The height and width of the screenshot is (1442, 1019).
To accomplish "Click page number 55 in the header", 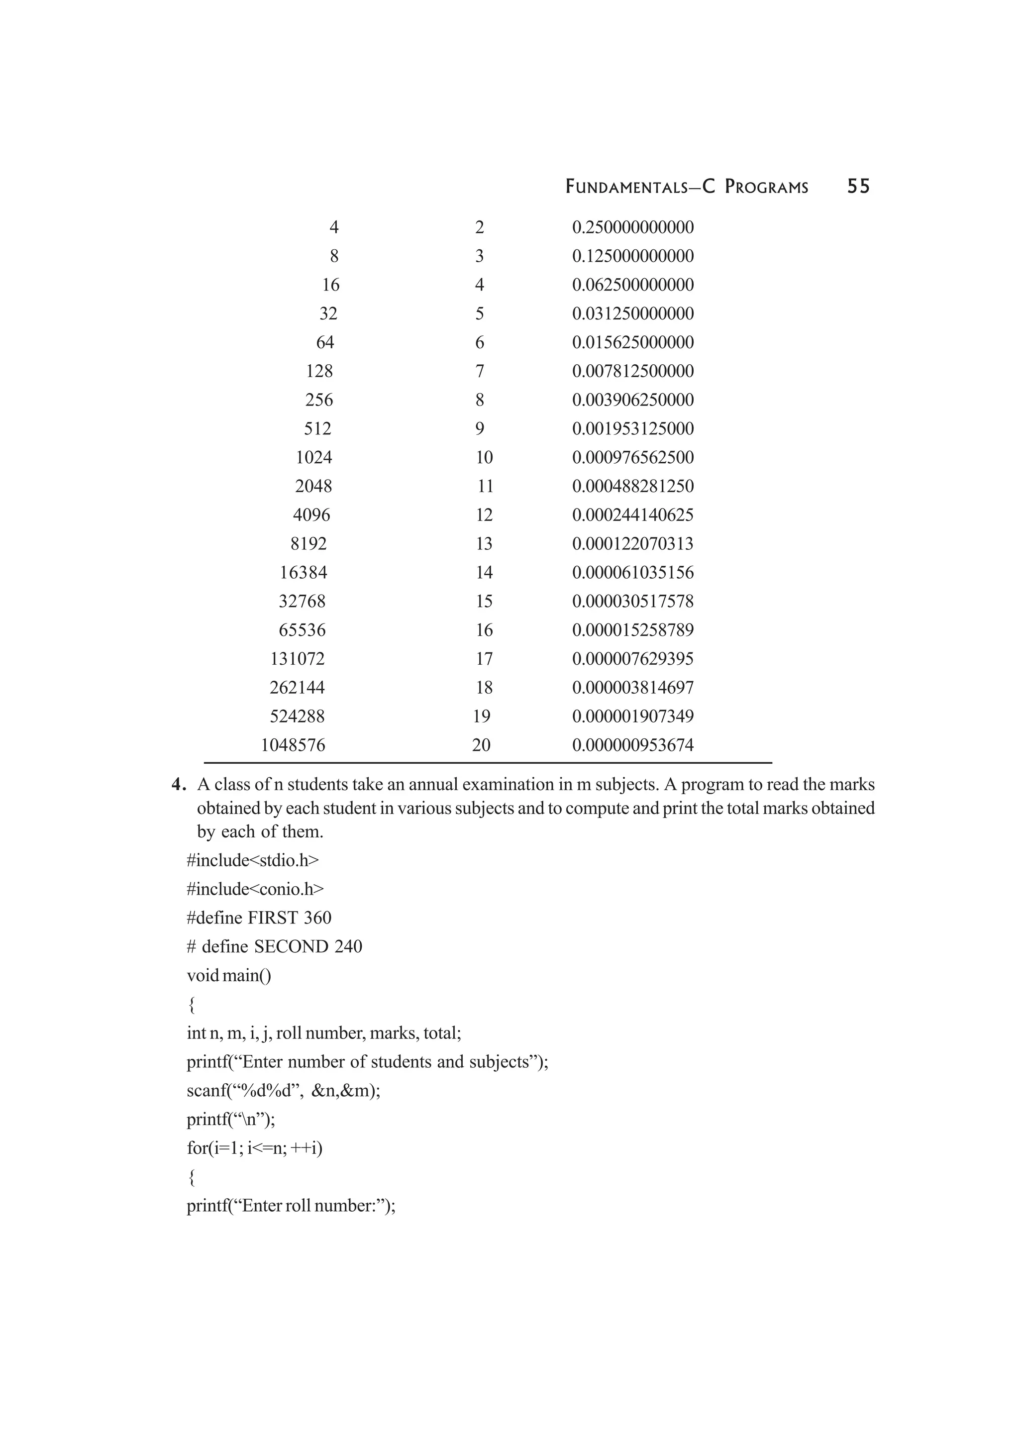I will tap(858, 187).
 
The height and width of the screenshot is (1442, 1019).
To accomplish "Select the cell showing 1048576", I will tap(293, 745).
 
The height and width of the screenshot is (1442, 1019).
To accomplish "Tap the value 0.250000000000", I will tap(632, 227).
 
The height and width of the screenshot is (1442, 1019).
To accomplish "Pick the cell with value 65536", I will tap(302, 630).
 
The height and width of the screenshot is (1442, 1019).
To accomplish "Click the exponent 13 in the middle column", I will tap(484, 544).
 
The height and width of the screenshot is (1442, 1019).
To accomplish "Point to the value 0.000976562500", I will tap(632, 457).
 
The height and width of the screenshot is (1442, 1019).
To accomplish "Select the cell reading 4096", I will tap(311, 515).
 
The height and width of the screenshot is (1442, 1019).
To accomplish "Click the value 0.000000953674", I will tap(632, 745).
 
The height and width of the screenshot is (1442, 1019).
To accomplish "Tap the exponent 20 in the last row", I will tap(481, 745).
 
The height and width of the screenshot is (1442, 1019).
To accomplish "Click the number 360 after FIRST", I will tap(317, 918).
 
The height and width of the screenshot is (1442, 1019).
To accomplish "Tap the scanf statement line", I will tap(283, 1091).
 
